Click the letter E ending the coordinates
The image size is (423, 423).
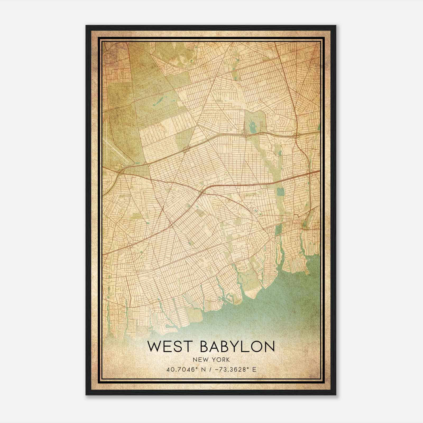point(254,369)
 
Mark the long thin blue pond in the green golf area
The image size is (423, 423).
point(158,101)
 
